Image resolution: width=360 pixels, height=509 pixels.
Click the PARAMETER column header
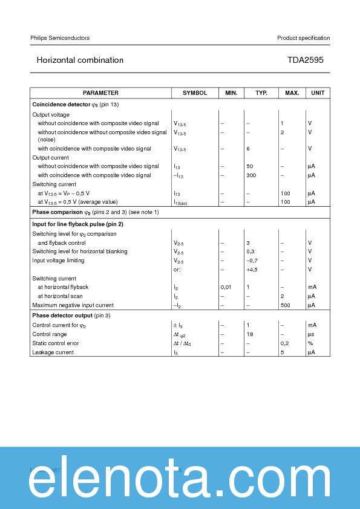click(100, 93)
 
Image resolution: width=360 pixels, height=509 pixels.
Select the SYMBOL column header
click(195, 93)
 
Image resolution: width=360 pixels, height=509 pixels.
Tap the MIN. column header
click(231, 93)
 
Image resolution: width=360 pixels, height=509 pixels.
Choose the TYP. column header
click(261, 93)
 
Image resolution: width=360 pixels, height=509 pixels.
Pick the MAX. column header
click(292, 93)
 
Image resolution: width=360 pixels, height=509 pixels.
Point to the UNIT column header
click(318, 93)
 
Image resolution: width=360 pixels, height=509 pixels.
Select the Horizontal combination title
click(80, 60)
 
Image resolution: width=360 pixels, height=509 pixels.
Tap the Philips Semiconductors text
click(60, 38)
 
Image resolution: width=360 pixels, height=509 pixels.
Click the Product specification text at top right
click(303, 38)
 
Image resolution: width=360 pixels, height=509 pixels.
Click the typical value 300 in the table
click(251, 175)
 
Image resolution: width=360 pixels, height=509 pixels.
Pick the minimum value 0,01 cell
click(226, 287)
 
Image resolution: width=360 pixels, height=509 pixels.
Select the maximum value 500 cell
click(285, 305)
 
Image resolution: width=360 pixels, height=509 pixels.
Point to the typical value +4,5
click(252, 270)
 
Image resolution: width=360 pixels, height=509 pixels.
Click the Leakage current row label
click(53, 352)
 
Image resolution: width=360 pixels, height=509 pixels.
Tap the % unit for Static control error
click(310, 343)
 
